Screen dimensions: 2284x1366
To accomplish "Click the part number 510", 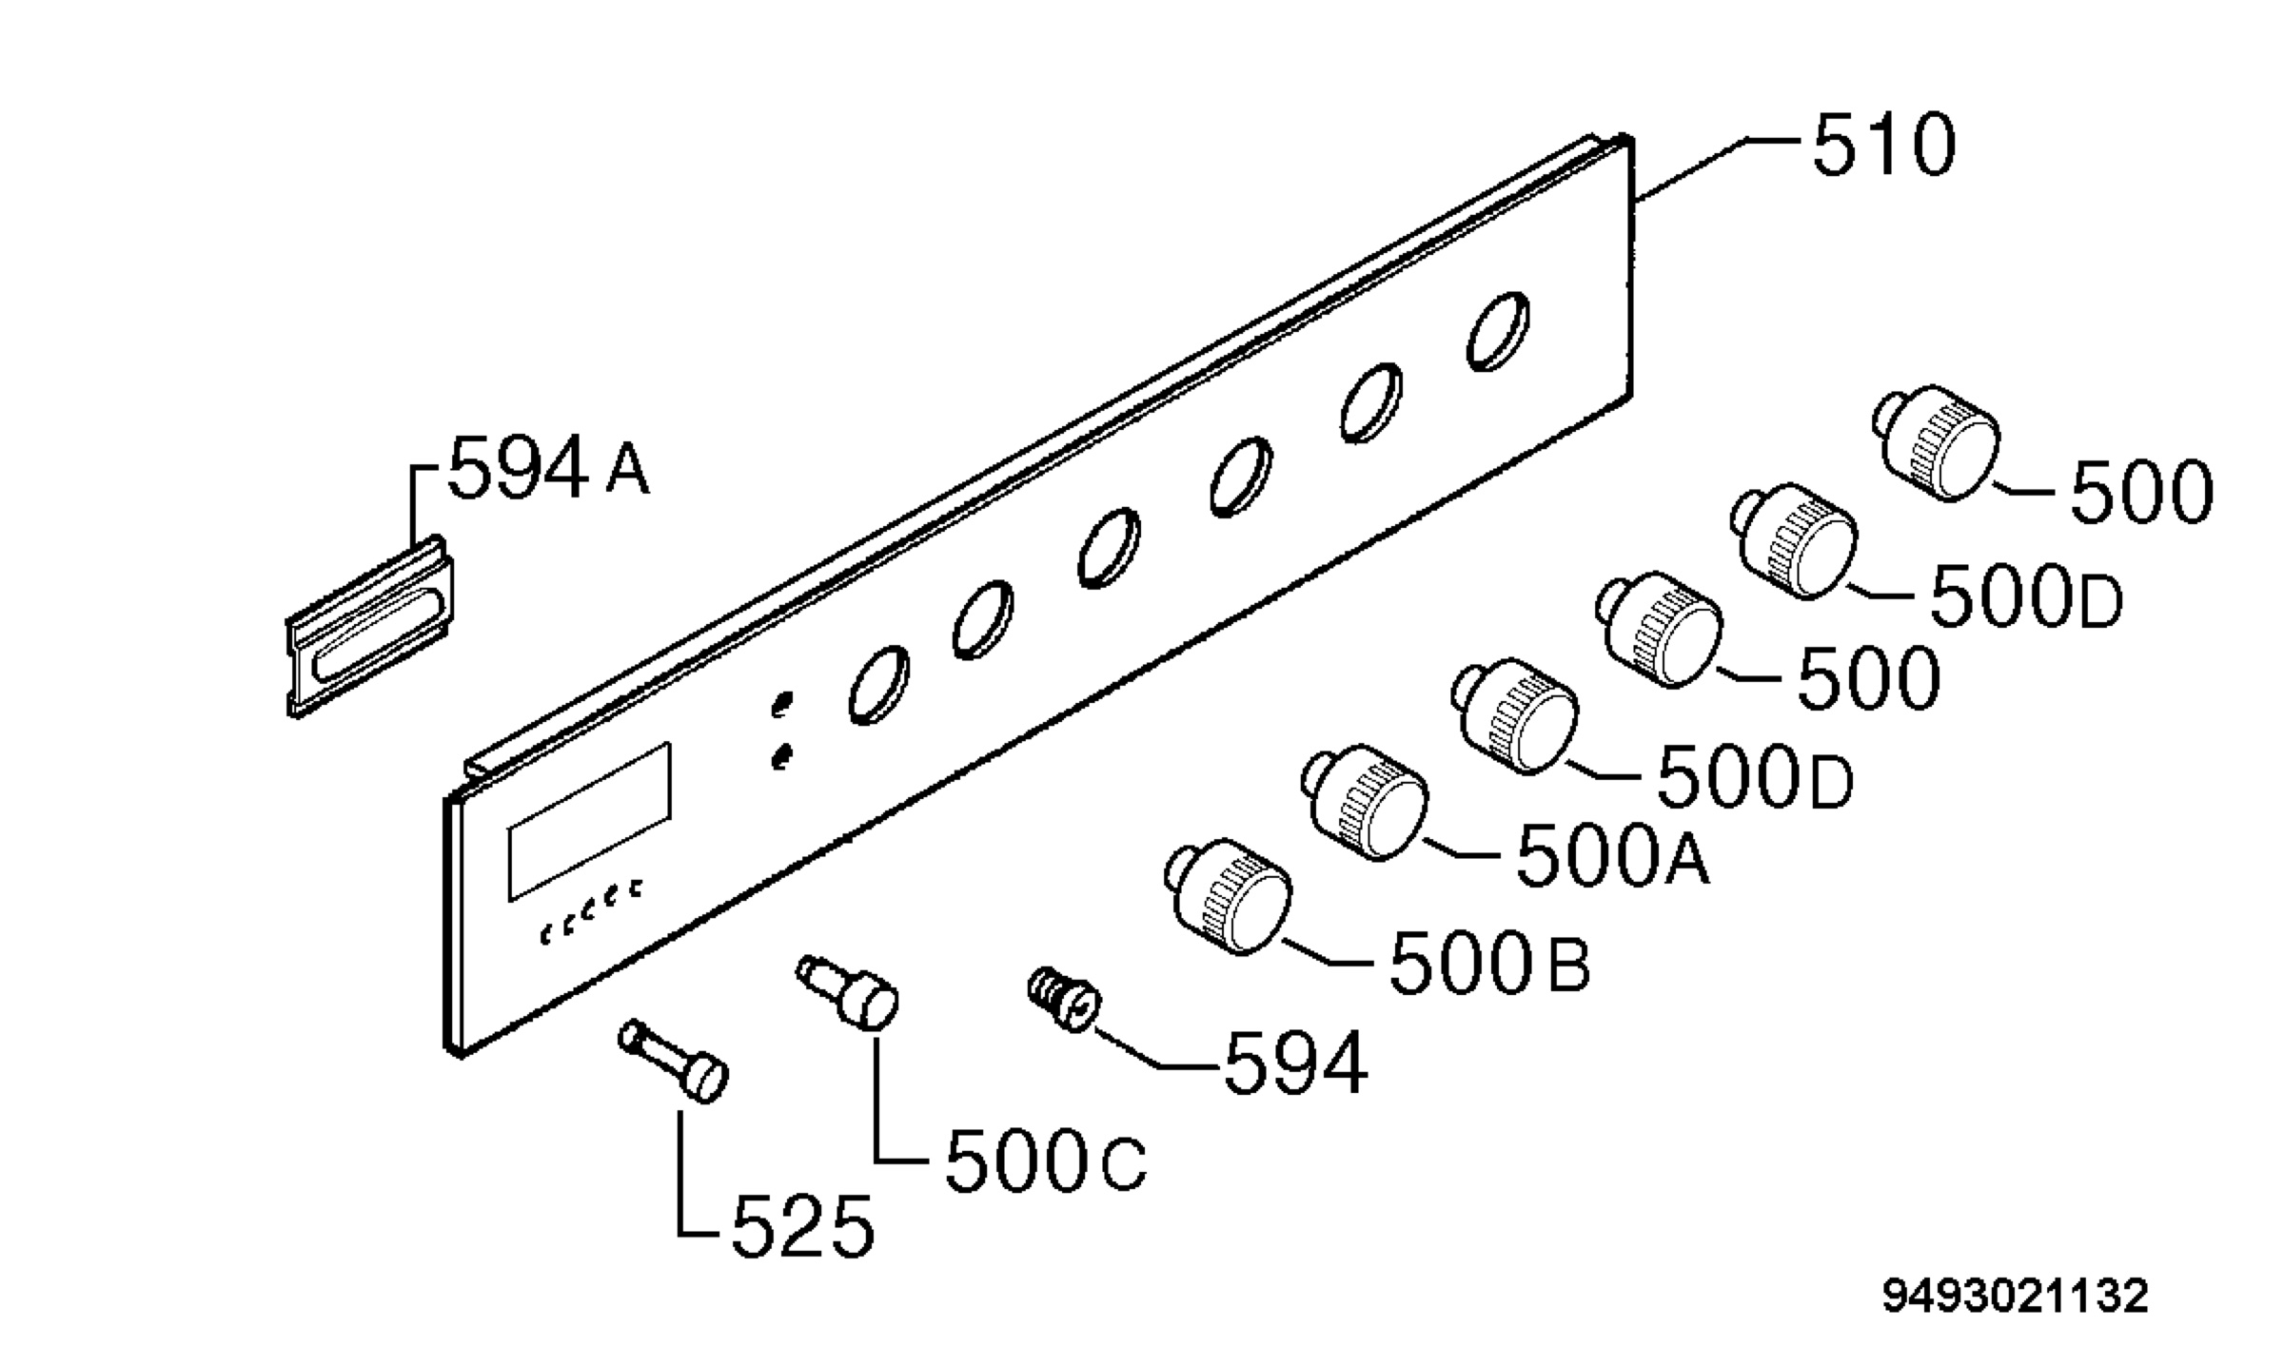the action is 1884,146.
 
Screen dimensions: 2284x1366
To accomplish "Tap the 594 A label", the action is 548,467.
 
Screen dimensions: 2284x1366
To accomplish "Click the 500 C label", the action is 1046,1161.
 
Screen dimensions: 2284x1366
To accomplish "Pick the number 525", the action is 802,1226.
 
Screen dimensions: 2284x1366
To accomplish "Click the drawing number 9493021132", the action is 2015,1297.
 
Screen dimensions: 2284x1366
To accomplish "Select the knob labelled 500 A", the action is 1365,802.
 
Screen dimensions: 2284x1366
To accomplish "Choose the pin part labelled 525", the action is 674,1061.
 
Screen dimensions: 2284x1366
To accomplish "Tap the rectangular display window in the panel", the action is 589,822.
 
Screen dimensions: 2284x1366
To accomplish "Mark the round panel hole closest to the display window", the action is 877,684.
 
